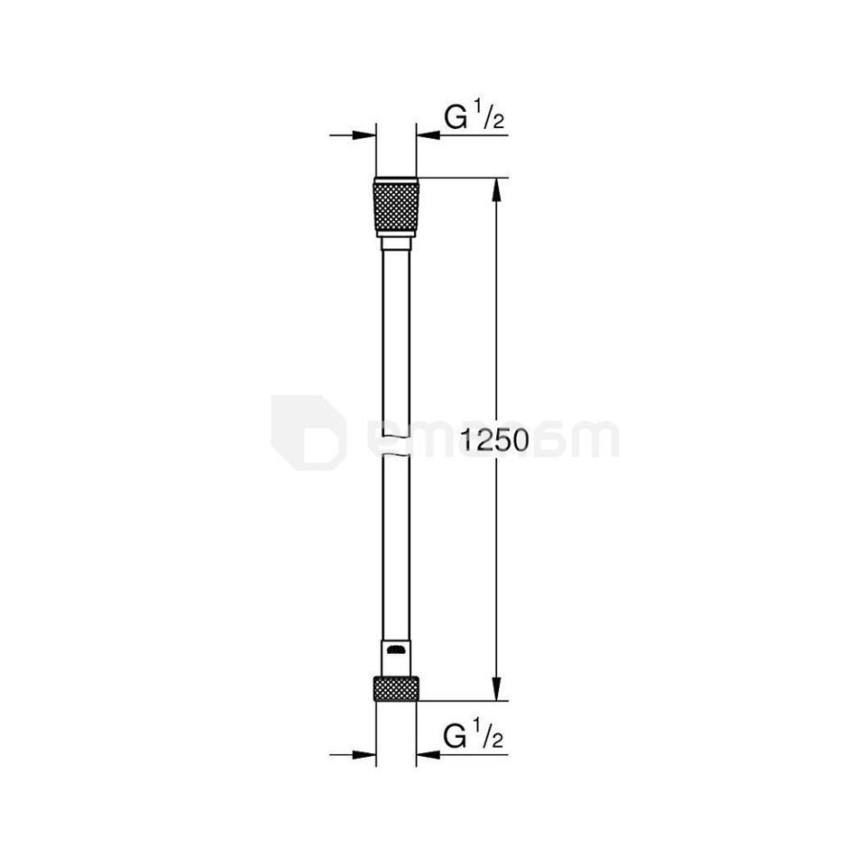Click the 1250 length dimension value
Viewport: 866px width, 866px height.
(x=493, y=440)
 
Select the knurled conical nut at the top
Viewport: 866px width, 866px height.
(x=395, y=207)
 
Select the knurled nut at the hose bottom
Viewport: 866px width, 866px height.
(x=395, y=687)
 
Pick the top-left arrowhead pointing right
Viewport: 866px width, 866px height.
(x=364, y=135)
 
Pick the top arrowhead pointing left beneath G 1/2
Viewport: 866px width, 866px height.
(x=427, y=135)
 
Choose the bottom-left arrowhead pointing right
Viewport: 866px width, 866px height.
(x=364, y=755)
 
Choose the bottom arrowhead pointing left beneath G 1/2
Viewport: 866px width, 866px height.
(x=427, y=755)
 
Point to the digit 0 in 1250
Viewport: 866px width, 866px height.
(x=517, y=440)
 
